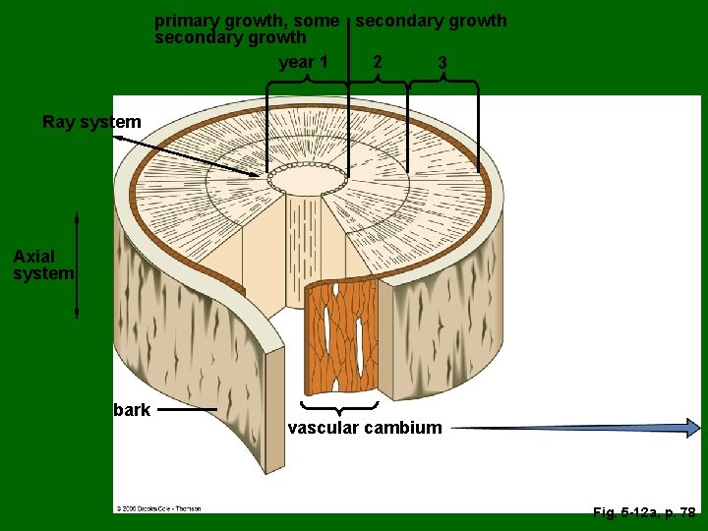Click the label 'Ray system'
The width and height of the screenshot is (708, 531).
pyautogui.click(x=91, y=123)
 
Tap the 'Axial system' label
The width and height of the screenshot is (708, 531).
pyautogui.click(x=43, y=265)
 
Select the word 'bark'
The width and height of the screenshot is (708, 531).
pyautogui.click(x=132, y=410)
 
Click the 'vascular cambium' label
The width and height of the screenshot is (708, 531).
pyautogui.click(x=365, y=428)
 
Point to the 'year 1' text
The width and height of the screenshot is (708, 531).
pyautogui.click(x=303, y=63)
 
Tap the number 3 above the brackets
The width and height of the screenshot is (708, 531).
pyautogui.click(x=442, y=63)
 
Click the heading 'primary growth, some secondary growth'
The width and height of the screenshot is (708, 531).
pyautogui.click(x=246, y=29)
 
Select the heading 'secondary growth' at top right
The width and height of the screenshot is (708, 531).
pyautogui.click(x=431, y=21)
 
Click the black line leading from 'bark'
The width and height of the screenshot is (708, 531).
pyautogui.click(x=187, y=409)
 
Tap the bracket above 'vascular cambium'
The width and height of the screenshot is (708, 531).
pyautogui.click(x=339, y=406)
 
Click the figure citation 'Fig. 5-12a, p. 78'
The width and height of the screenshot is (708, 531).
pyautogui.click(x=644, y=512)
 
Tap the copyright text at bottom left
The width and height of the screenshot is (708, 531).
pyautogui.click(x=158, y=508)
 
